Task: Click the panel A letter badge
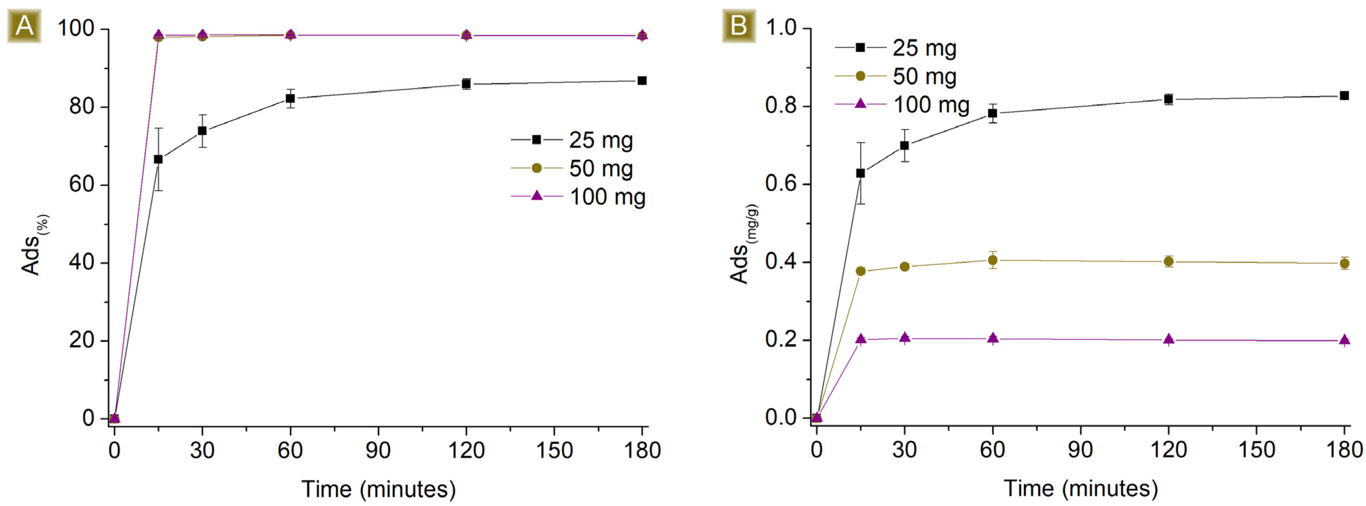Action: pos(24,25)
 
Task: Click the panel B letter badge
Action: pos(739,25)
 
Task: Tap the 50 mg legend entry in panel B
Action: pos(896,76)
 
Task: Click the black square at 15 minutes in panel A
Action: pos(158,159)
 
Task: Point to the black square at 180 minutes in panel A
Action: pos(642,80)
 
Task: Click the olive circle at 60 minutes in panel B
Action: pos(993,260)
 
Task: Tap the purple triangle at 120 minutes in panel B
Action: pos(1169,340)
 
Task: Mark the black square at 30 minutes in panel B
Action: pos(905,145)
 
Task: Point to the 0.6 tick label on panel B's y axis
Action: pos(780,184)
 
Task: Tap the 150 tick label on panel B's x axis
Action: pos(1256,450)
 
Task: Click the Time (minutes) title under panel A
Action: pos(378,488)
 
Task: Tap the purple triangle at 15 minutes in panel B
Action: pos(861,339)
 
